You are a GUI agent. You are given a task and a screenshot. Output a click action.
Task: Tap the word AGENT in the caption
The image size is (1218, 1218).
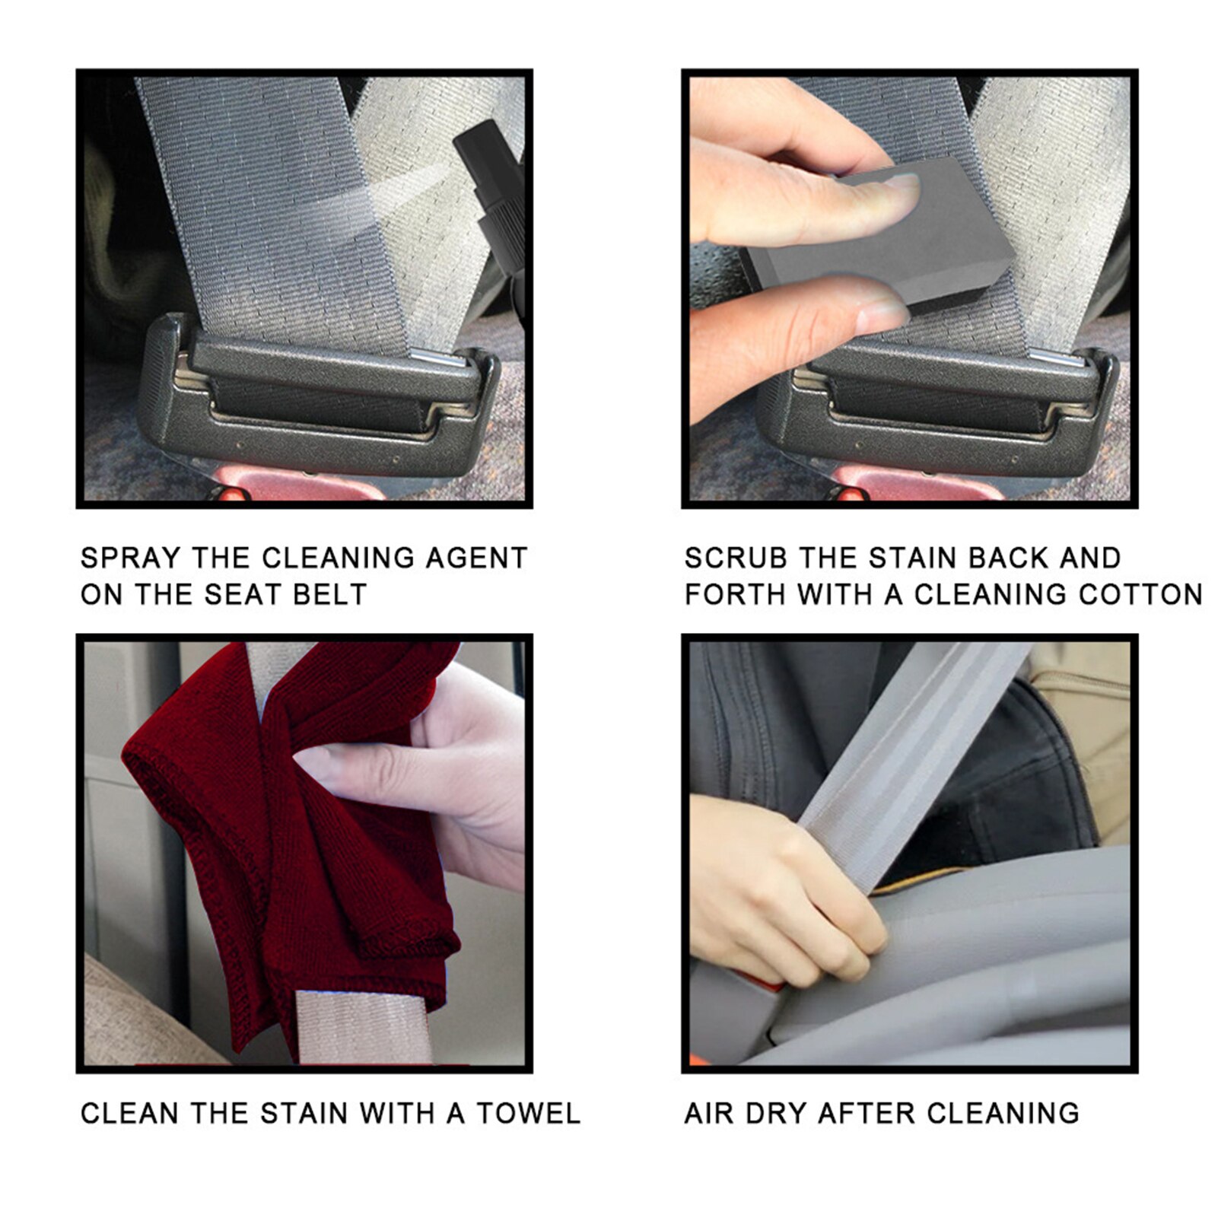[x=475, y=558]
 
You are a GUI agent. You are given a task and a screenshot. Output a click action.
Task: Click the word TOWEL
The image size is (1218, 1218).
[x=528, y=1114]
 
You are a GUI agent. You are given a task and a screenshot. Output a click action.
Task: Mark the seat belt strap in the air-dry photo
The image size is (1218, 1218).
[x=913, y=761]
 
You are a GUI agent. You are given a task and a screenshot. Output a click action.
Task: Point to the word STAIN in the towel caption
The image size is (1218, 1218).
[x=304, y=1114]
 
